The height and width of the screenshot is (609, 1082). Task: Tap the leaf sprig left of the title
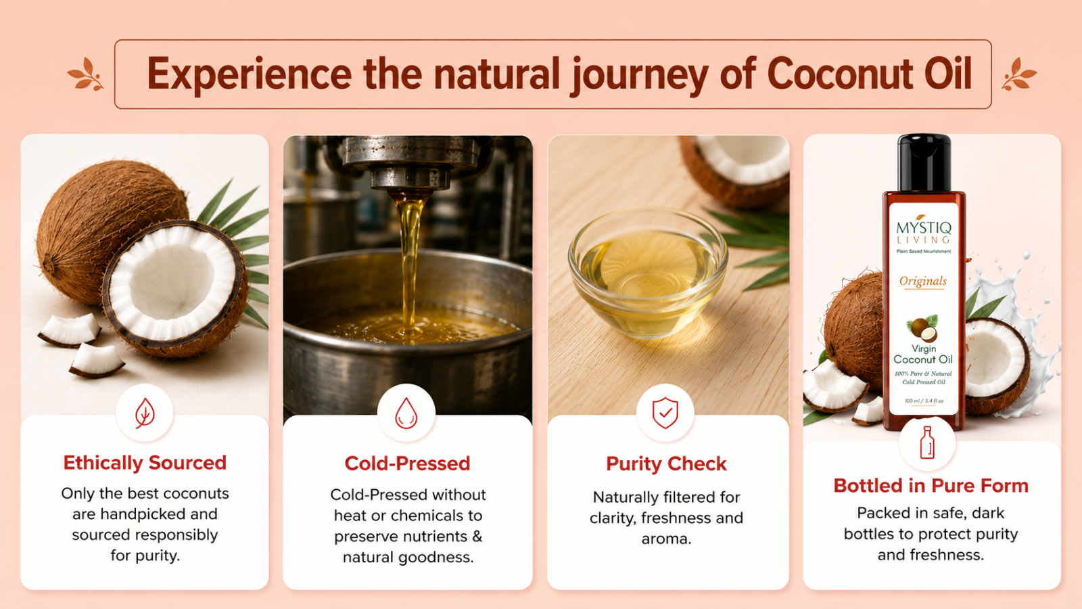pos(85,74)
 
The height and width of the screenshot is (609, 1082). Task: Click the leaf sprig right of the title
pos(1019,74)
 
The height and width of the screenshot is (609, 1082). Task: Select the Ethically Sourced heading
pos(145,463)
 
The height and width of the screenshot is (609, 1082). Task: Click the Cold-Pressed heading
pos(407,464)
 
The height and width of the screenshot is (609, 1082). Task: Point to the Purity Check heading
pos(666,464)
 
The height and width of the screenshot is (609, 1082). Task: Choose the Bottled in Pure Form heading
pos(931,486)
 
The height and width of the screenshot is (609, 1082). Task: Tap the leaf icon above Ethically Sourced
pos(145,413)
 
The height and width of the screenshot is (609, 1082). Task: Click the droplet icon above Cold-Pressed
pos(406,413)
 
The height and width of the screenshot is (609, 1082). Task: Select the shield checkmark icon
pos(665,413)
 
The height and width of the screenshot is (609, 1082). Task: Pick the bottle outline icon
pos(927,443)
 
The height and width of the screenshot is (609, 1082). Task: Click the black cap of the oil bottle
pos(924,162)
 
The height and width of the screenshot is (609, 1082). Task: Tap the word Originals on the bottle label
pos(923,281)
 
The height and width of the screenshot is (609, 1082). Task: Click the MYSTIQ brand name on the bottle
pos(924,227)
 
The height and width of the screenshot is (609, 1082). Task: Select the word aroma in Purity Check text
pos(666,539)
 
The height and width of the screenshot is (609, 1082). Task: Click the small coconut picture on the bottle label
pos(922,328)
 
